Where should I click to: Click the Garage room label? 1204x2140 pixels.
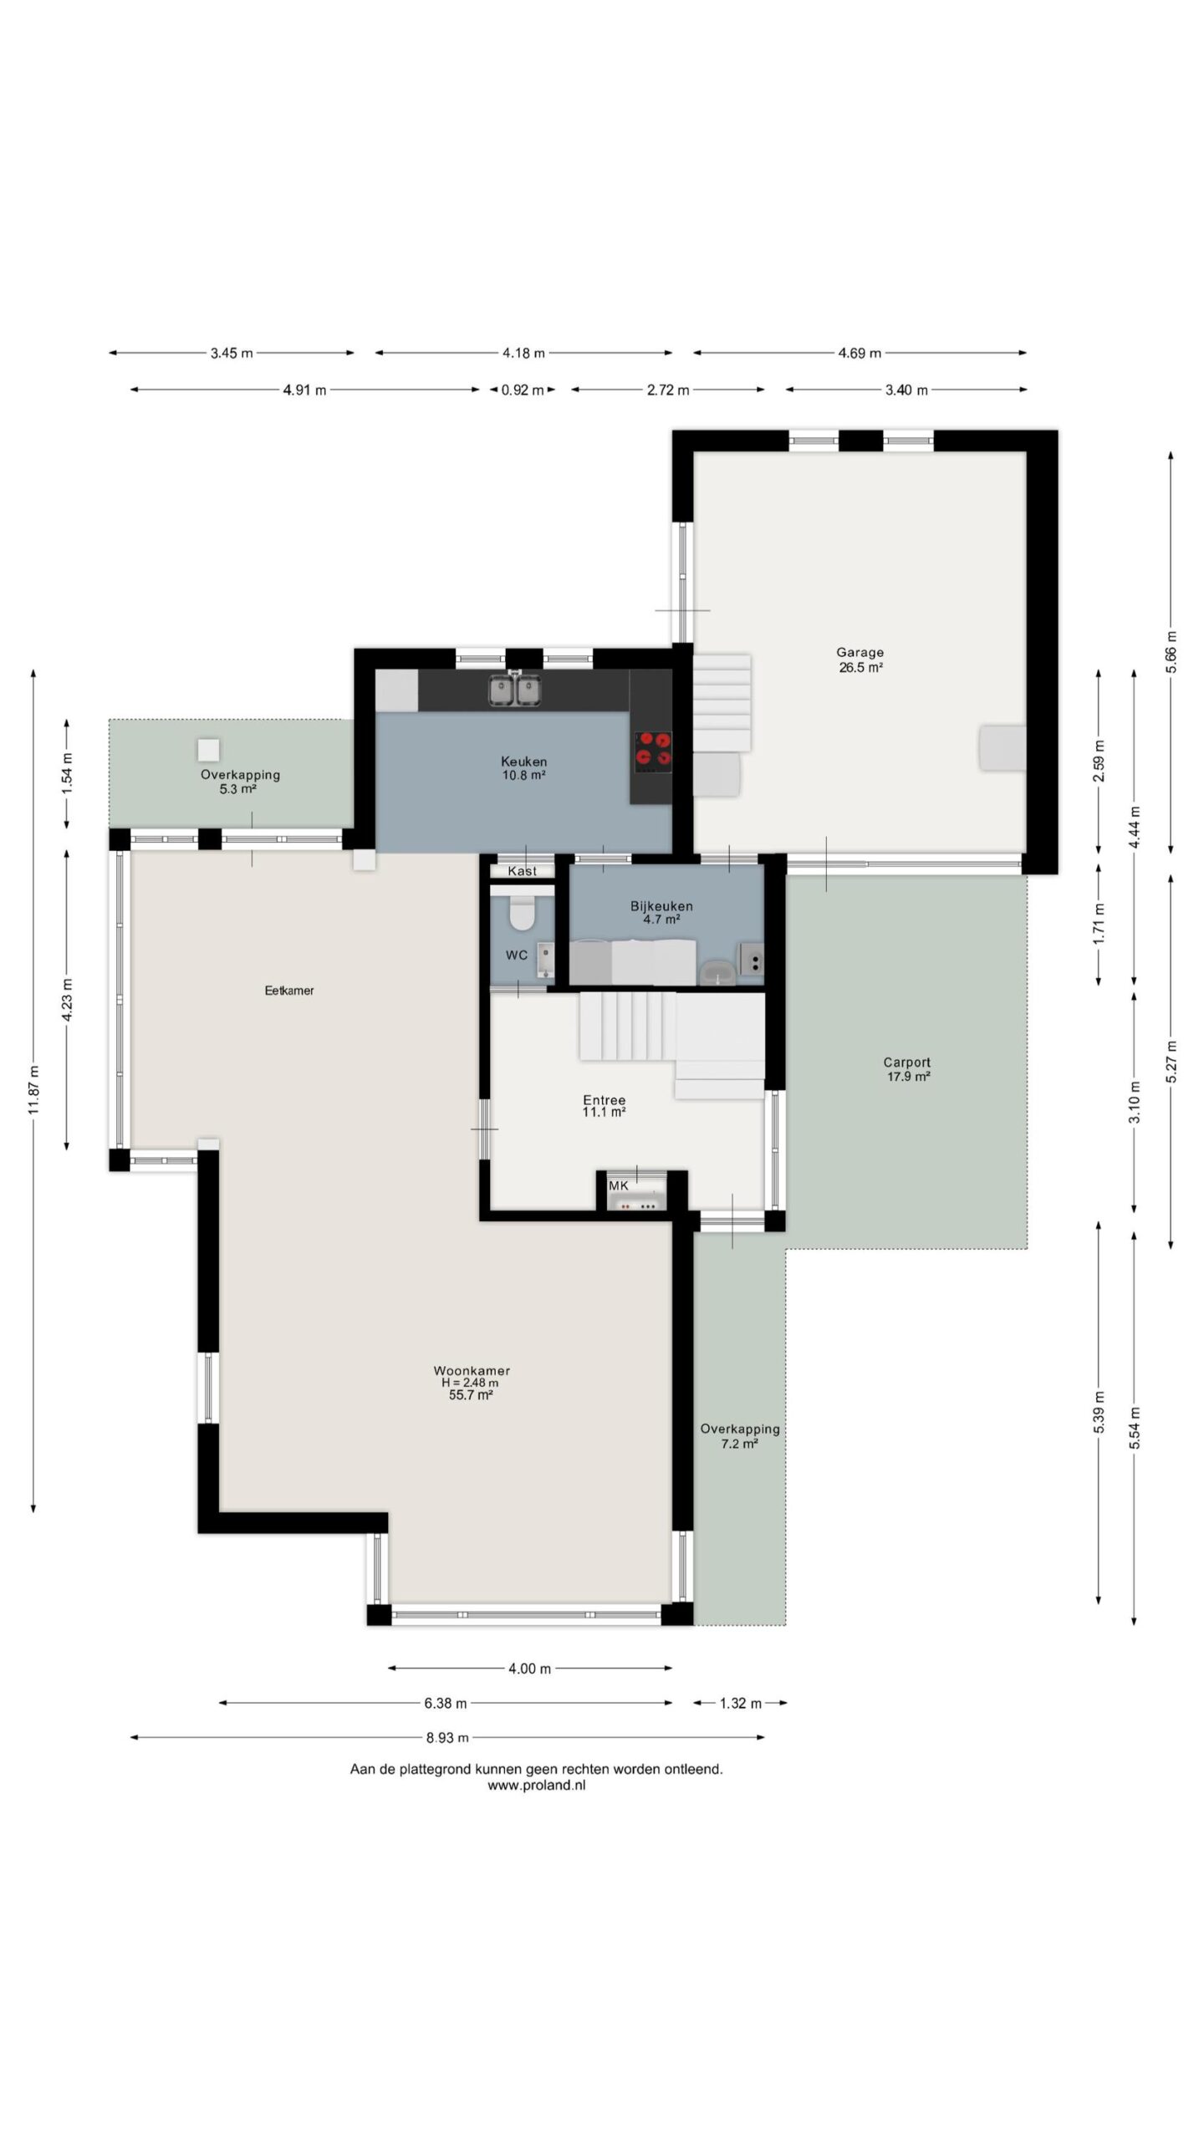(x=860, y=653)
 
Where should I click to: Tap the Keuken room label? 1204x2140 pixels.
(x=523, y=762)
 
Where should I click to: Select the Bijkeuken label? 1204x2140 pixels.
(x=661, y=906)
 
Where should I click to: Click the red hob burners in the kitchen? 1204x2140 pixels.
(x=653, y=749)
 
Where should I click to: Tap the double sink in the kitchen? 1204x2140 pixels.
(x=513, y=690)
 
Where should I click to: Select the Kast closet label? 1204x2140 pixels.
(x=523, y=871)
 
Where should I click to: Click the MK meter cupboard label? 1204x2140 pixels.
(x=618, y=1185)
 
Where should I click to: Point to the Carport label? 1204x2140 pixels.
(x=907, y=1063)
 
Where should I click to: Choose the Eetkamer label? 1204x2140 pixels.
(x=289, y=991)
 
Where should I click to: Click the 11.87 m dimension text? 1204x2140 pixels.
(x=33, y=1090)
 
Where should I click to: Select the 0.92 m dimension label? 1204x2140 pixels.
(x=523, y=390)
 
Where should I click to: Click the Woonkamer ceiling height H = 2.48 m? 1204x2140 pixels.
(x=471, y=1383)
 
